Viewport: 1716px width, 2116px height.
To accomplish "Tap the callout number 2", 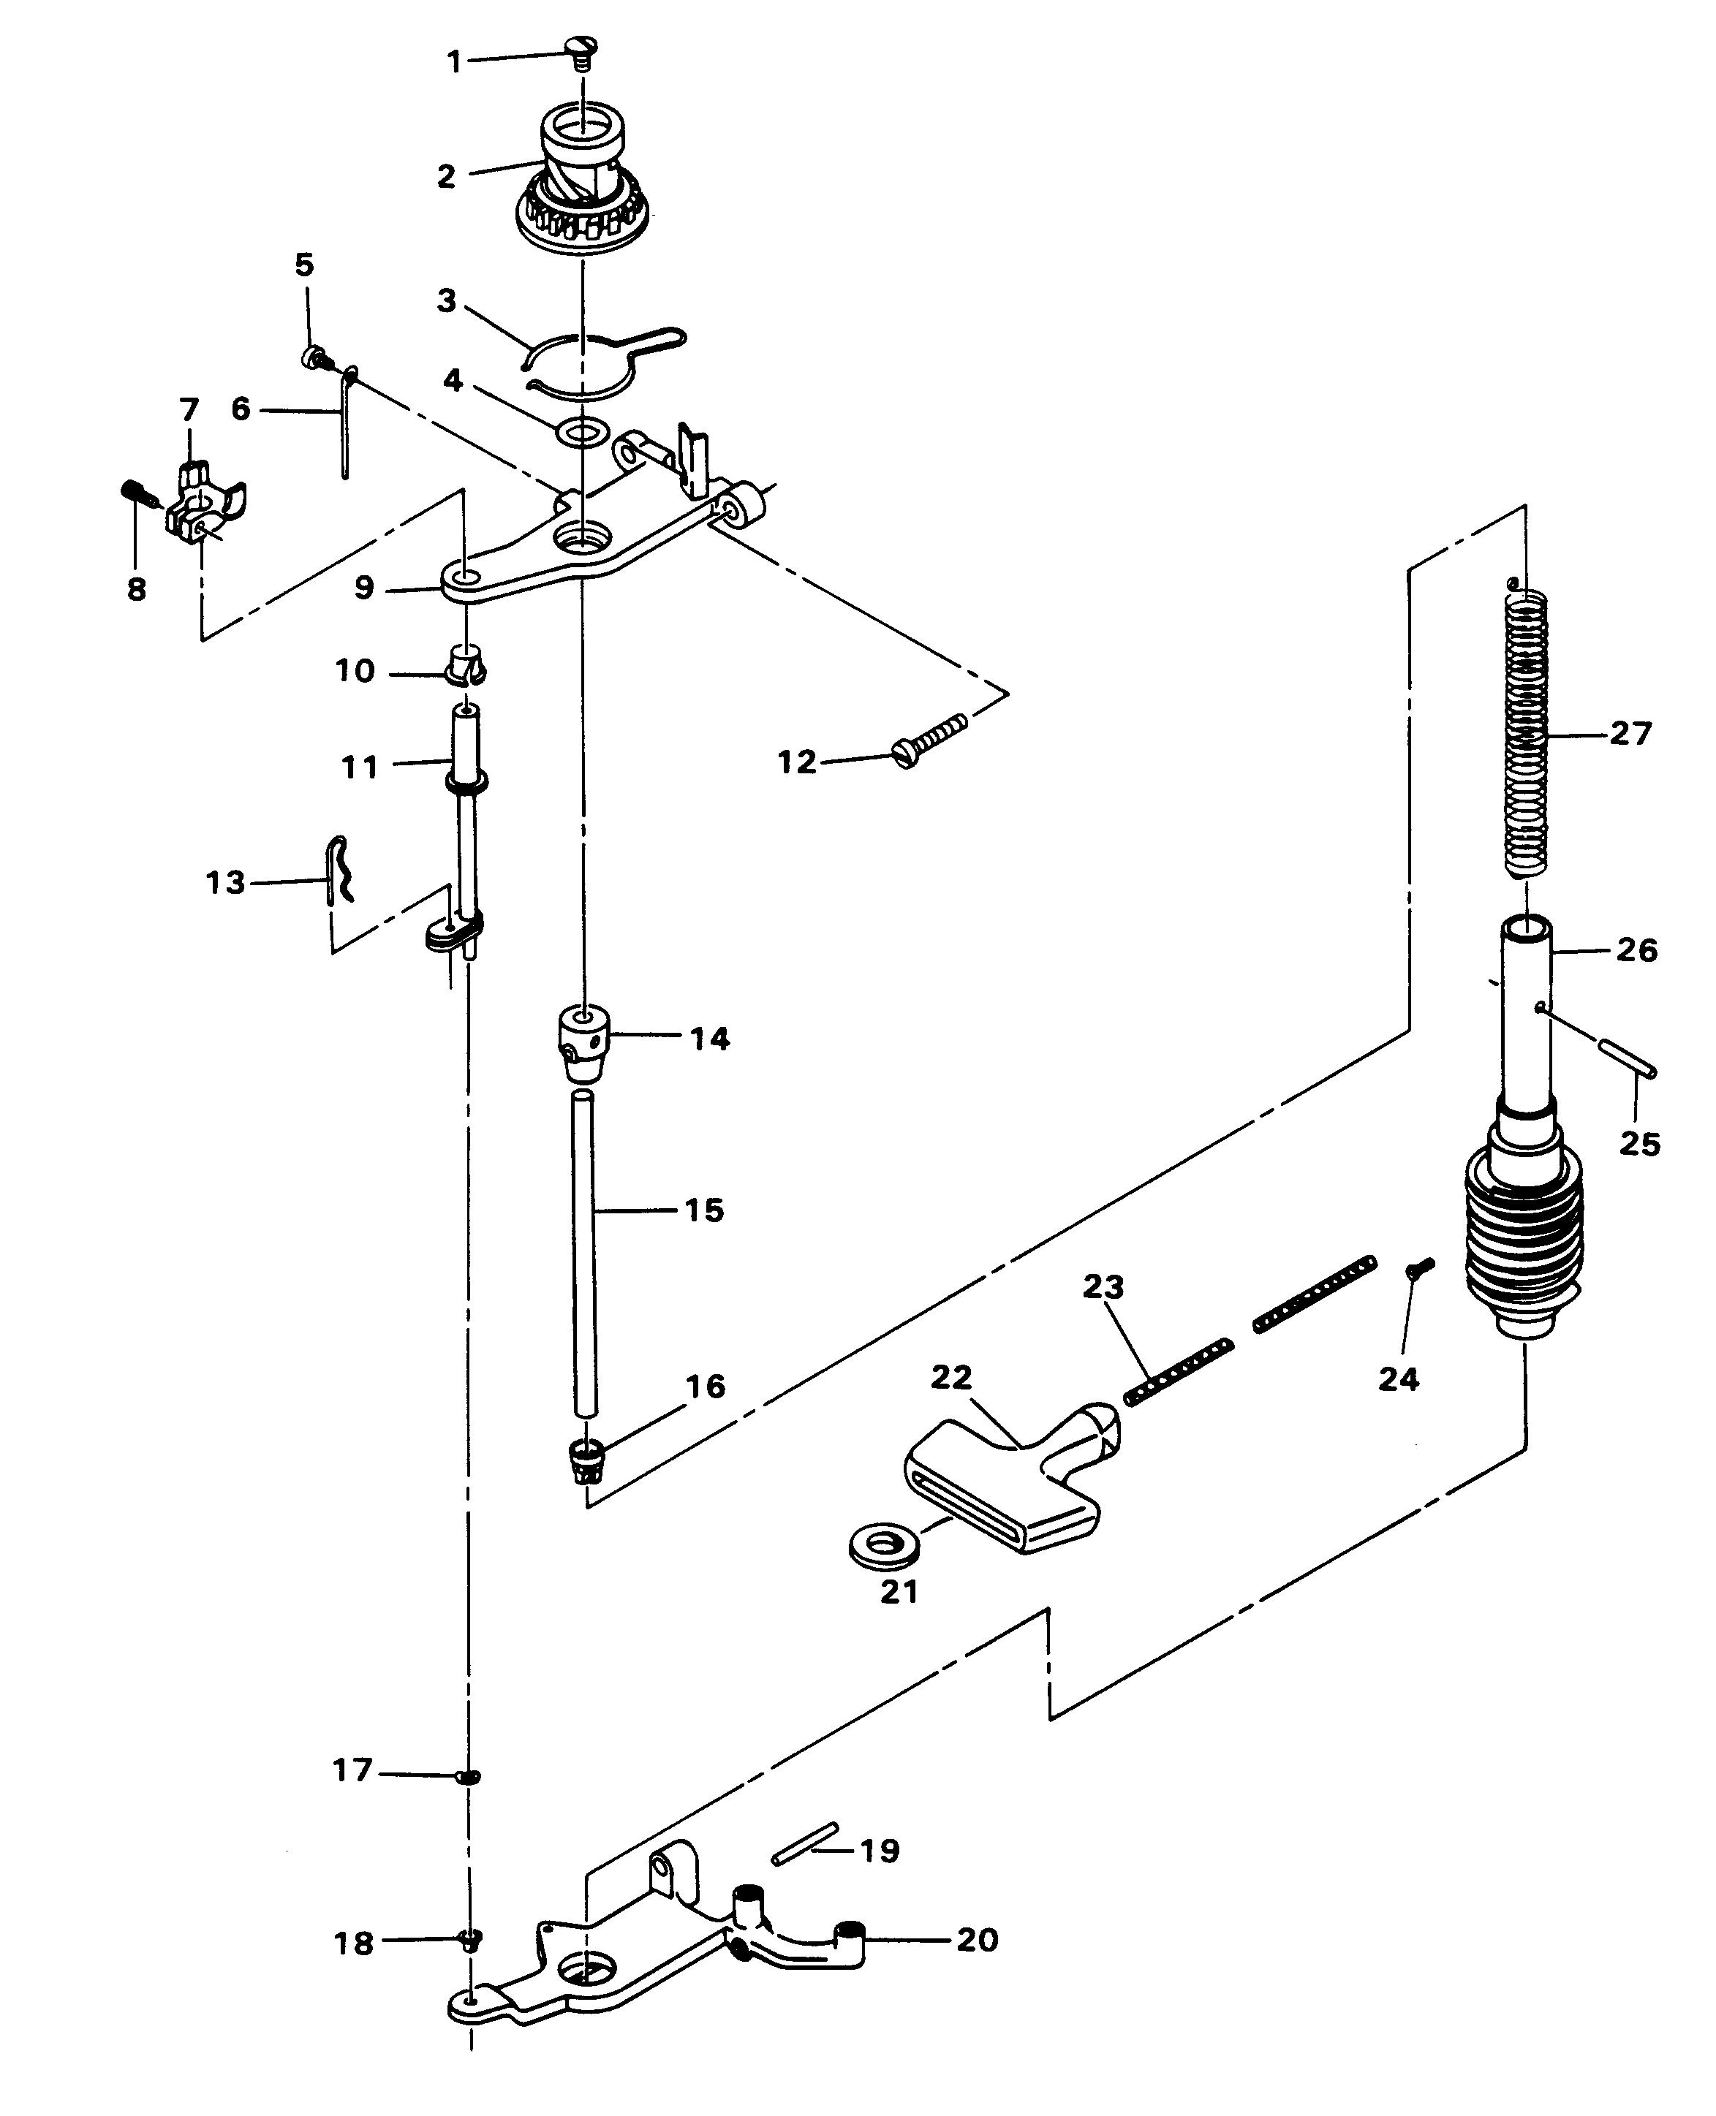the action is pos(446,177).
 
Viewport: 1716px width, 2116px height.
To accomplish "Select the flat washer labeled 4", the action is pos(582,433).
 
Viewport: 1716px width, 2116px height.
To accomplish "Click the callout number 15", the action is pos(704,1210).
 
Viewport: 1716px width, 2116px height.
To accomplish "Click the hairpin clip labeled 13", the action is pos(338,870).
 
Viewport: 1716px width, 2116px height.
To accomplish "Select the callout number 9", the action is pos(364,588).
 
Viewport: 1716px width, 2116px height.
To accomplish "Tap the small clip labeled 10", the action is pos(464,667).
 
